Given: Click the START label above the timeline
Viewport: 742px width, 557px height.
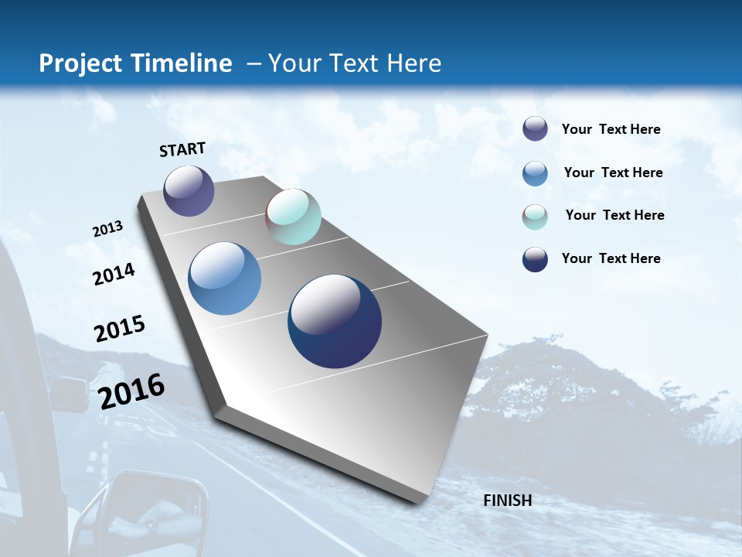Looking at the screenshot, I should (x=182, y=149).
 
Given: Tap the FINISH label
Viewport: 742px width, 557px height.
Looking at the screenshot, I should (x=507, y=501).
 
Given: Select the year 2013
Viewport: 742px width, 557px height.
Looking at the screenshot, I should (x=107, y=229).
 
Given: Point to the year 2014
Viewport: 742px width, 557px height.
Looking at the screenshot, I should (x=114, y=275).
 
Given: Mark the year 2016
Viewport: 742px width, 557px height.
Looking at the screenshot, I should (x=131, y=391).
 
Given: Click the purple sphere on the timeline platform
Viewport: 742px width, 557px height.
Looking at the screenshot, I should (x=189, y=190).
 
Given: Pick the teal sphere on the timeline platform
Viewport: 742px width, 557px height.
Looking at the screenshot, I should (x=293, y=217).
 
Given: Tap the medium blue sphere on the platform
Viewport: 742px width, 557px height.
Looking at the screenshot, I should (x=225, y=278).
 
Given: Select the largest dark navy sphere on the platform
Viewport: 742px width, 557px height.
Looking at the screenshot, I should (x=335, y=321).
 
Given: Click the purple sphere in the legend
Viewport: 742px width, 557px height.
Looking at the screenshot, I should (x=535, y=129).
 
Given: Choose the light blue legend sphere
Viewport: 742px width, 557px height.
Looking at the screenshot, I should (x=535, y=173).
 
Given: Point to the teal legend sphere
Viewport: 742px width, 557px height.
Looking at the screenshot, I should (x=535, y=217).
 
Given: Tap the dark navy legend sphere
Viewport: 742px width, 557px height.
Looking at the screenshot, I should (x=535, y=260).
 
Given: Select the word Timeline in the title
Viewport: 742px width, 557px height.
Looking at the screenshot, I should (x=182, y=63).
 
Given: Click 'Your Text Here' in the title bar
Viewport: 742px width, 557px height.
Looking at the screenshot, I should (x=354, y=63).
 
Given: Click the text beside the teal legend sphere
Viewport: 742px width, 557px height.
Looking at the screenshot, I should (x=614, y=215).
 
